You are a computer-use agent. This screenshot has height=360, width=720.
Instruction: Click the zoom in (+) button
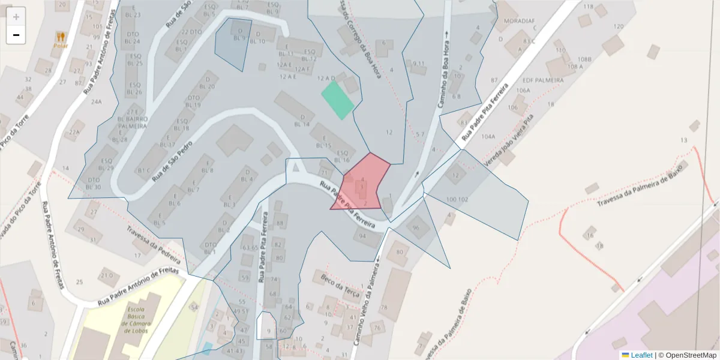click(x=16, y=17)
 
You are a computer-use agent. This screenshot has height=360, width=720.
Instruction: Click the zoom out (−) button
click(x=16, y=35)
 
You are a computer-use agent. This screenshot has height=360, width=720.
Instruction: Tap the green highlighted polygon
click(x=337, y=100)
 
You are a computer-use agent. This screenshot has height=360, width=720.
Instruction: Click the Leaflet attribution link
click(x=637, y=355)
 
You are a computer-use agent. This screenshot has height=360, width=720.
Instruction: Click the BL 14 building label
click(x=302, y=124)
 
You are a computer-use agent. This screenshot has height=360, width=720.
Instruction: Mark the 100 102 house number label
click(x=457, y=199)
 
